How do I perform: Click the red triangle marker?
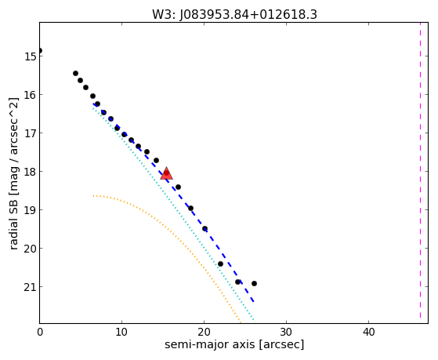166,173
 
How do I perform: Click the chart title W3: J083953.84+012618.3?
234,14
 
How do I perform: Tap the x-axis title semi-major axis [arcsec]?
234,344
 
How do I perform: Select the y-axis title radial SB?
13,220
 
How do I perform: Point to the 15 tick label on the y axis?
31,56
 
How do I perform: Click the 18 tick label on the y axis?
31,172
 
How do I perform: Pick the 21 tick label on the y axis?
31,287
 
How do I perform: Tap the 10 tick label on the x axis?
121,333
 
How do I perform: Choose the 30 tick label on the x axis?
286,333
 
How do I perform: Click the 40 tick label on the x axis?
368,333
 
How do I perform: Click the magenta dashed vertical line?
420,171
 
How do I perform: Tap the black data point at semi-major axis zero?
40,51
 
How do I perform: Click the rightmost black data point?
254,284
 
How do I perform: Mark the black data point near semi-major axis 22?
220,264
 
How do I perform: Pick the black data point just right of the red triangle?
178,187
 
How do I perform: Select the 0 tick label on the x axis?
40,333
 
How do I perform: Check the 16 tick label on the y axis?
31,95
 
